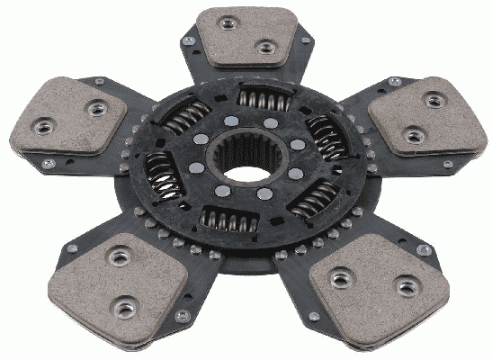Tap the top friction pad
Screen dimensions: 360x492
(x=245, y=39)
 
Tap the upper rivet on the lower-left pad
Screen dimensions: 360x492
(x=115, y=258)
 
